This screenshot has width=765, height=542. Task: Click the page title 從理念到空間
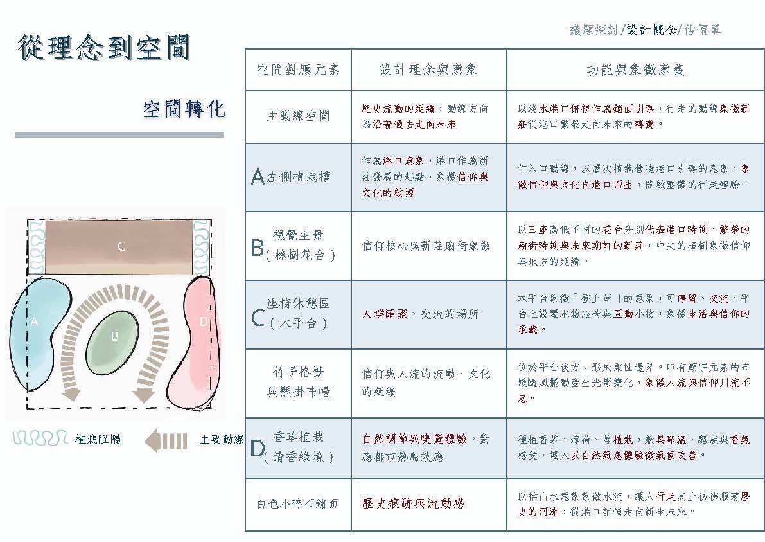[105, 48]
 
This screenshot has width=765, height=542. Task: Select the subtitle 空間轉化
[184, 109]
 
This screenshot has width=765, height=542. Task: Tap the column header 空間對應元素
[298, 69]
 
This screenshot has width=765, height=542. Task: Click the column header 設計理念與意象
[428, 69]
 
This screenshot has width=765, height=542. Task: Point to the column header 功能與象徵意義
[635, 69]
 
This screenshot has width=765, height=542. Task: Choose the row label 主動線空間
[298, 116]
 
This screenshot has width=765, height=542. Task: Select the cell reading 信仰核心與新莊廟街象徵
[426, 246]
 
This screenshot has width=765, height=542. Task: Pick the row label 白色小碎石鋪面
[298, 504]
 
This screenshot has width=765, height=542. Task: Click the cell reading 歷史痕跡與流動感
[413, 503]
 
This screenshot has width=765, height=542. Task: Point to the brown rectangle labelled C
[120, 246]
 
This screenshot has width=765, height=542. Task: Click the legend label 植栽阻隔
[98, 440]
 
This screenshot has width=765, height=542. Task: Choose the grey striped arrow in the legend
[166, 440]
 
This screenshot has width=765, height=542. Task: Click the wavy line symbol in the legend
[40, 438]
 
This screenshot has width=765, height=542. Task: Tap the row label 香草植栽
[298, 437]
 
